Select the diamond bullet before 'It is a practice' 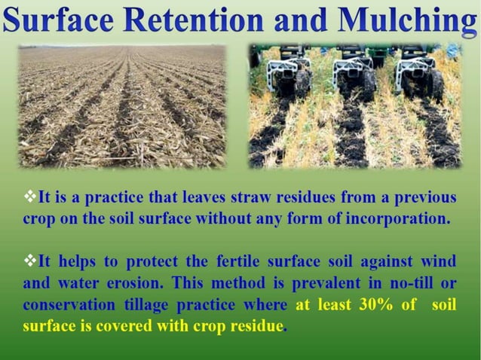pyautogui.click(x=30, y=197)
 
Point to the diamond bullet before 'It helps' pyautogui.click(x=30, y=261)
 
